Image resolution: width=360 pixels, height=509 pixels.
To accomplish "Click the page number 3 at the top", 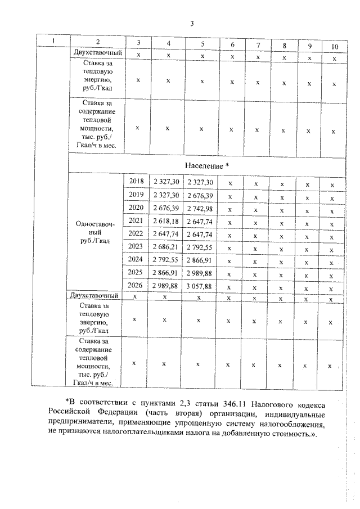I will (192, 24).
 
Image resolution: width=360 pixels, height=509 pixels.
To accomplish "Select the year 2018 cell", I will (136, 182).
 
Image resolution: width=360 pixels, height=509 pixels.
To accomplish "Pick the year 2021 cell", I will (136, 220).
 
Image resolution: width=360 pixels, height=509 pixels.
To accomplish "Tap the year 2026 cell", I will (136, 285).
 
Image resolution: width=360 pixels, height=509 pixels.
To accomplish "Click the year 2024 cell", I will (136, 259).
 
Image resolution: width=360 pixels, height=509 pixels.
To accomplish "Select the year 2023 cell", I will (136, 246).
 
